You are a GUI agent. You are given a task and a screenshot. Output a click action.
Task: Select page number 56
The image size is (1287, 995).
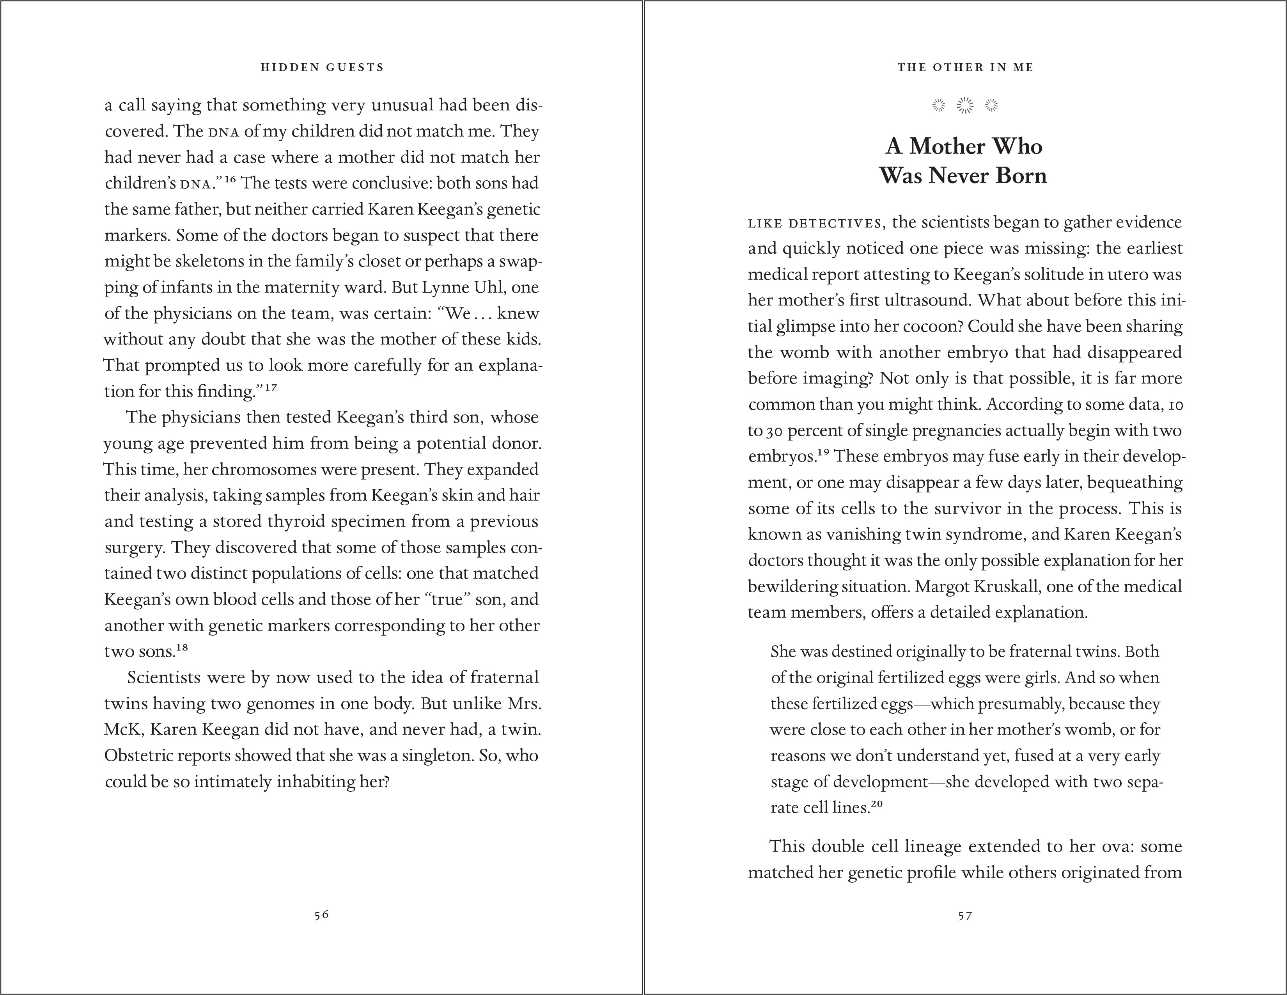321,915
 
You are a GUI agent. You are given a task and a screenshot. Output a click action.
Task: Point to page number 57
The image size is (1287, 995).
964,915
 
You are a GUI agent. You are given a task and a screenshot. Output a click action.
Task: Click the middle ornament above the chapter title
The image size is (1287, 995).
964,105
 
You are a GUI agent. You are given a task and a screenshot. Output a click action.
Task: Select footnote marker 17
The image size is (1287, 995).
271,387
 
